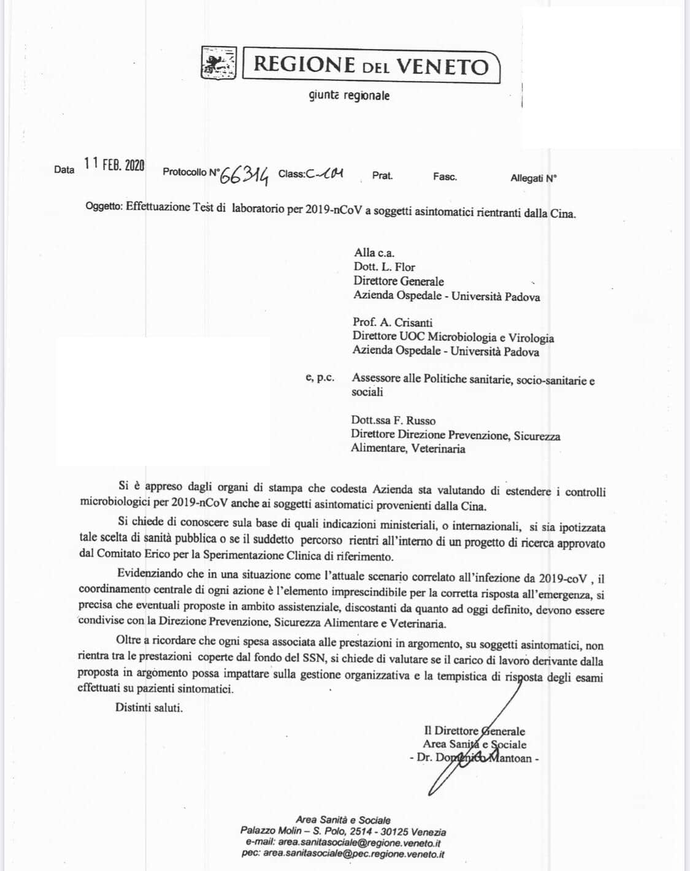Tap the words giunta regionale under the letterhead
pos(349,96)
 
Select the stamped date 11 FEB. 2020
pos(115,164)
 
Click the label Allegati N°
pos(534,178)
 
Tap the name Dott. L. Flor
pos(384,267)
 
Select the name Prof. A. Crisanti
pos(393,322)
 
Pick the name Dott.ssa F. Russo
pos(393,421)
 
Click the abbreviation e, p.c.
pos(320,378)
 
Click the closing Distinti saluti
pos(149,707)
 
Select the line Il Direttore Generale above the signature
pos(474,731)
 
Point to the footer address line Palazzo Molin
pos(343,832)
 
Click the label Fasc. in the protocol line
pos(445,177)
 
